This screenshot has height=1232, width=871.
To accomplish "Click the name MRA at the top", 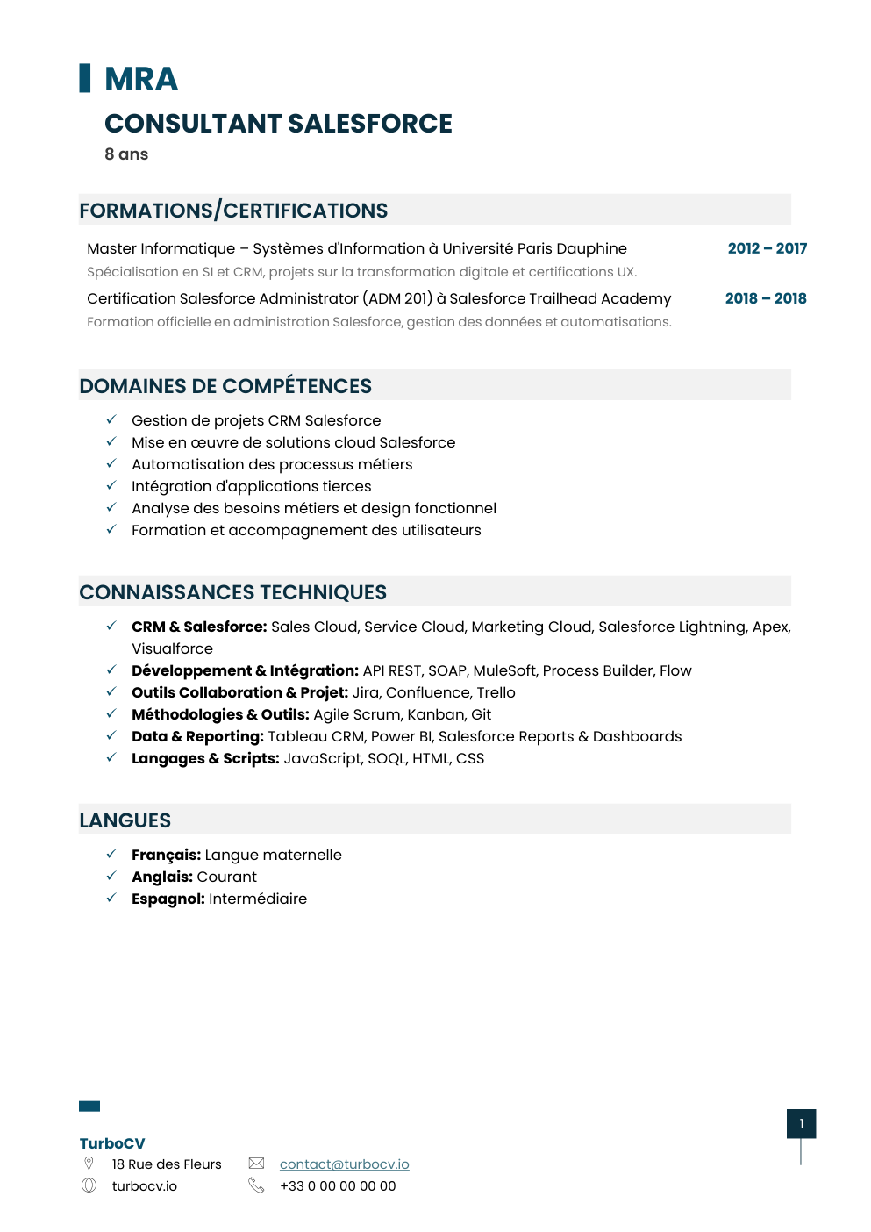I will pos(140,79).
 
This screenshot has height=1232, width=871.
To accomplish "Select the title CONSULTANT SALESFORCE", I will pos(278,124).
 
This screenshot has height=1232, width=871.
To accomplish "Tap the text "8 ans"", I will pos(126,154).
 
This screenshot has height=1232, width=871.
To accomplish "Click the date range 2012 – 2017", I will pos(767,248).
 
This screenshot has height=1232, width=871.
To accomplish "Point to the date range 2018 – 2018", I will pos(765,298).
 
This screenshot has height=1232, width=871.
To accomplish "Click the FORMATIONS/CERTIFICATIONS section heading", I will pos(233,211).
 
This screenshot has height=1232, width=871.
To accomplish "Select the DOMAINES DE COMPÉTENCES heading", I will pos(225,386).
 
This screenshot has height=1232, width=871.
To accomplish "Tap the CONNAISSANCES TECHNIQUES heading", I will pos(232,592).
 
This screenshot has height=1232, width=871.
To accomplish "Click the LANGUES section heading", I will pos(125,820).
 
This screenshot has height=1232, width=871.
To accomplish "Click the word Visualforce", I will pos(172,648).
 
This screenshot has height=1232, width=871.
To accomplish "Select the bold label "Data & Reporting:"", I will pos(197,736).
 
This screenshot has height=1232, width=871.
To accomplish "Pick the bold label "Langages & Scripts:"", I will pos(205,758).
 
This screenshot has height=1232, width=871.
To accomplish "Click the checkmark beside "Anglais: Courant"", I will pos(111,876).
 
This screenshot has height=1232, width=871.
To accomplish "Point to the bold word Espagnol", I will pos(168,899).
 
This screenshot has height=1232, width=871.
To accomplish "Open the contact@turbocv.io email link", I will pos(344,1164).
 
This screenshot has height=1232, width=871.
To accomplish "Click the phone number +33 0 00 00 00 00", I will pos(338,1185).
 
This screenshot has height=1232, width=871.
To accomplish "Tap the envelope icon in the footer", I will pos(256,1164).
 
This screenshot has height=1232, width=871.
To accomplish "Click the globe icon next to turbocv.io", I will pos(89,1185).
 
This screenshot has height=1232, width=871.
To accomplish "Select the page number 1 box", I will pos(801,1123).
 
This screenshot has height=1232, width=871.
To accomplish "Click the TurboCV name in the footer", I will pos(112,1143).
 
